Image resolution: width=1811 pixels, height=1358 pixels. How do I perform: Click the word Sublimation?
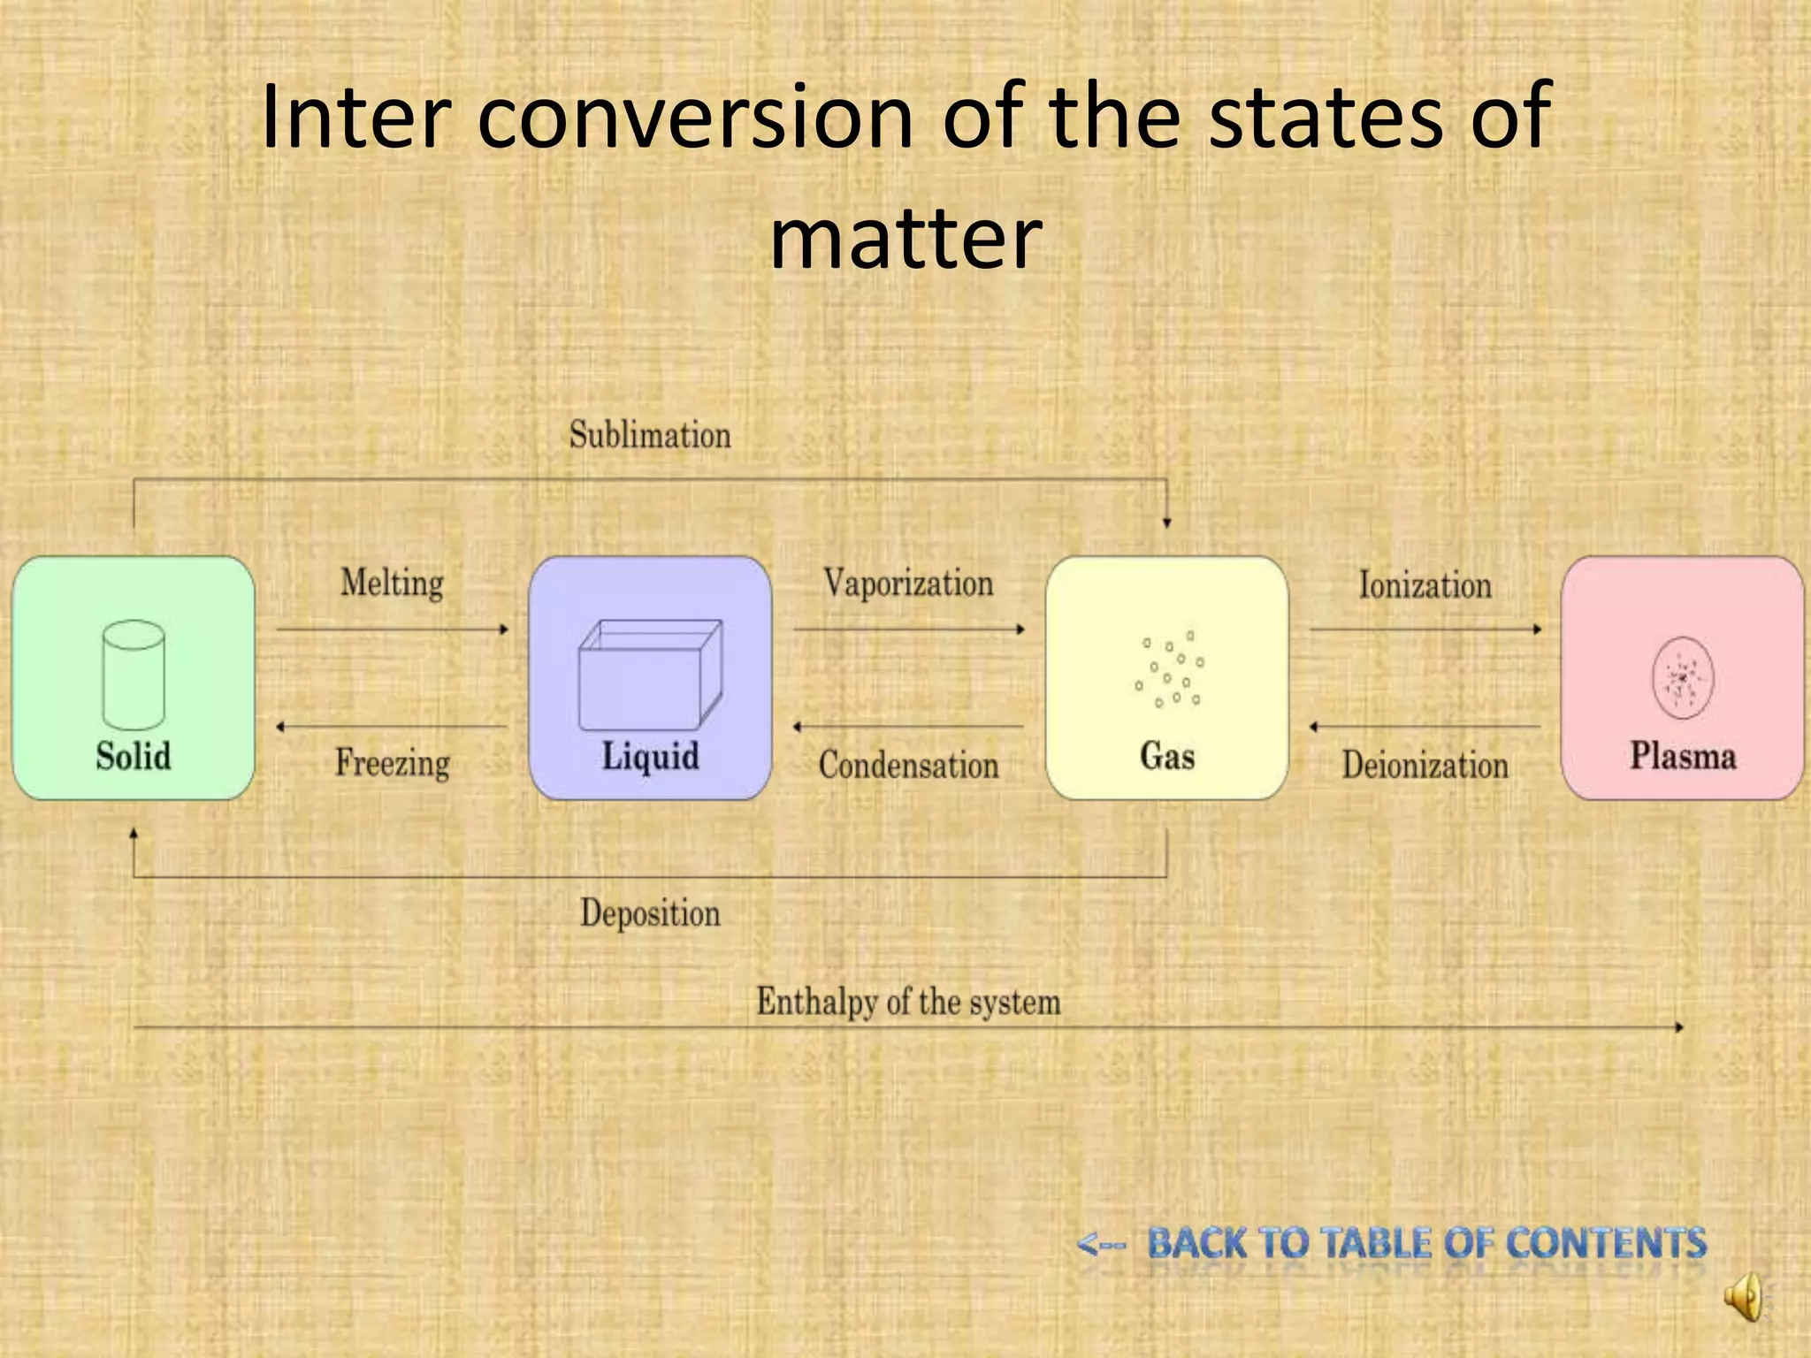[650, 435]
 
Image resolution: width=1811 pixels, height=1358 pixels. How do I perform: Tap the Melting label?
[392, 584]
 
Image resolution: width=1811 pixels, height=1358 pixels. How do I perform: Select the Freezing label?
[392, 763]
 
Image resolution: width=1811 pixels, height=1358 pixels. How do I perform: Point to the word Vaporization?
[908, 584]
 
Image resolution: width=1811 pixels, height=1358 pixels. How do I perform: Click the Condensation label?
[908, 765]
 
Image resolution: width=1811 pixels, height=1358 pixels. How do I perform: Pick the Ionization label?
[1425, 585]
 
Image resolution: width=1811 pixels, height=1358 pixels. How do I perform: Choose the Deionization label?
[1425, 765]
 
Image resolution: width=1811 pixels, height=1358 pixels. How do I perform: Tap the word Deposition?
[650, 913]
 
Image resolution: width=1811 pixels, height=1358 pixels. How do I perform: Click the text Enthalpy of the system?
[908, 1002]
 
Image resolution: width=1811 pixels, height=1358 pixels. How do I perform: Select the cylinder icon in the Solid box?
[134, 675]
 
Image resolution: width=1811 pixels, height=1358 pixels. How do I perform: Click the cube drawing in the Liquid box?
[650, 675]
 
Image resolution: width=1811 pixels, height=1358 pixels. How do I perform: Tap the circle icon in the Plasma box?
[1683, 677]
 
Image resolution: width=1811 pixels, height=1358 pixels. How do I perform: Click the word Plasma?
[1683, 756]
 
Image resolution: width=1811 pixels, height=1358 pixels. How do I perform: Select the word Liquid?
[650, 757]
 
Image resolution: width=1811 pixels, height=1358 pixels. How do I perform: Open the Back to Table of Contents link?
[1425, 1243]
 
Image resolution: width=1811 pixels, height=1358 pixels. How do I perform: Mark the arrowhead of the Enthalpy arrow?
[1679, 1027]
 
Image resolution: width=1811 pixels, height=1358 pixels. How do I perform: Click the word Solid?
[134, 757]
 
